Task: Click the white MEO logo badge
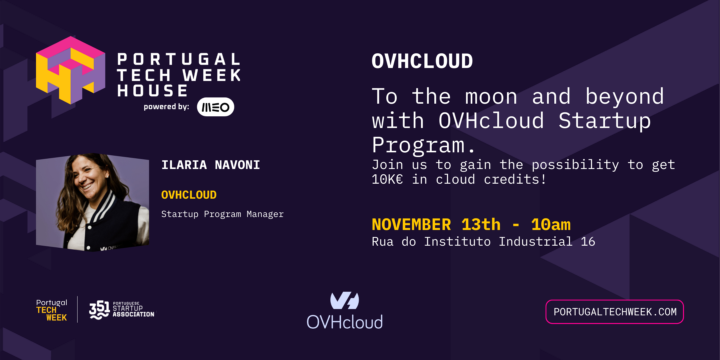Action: coord(215,107)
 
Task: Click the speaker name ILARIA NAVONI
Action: coord(211,165)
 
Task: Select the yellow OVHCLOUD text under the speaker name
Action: coord(189,195)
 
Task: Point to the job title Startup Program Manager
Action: coord(222,214)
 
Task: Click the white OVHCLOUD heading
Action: coord(422,61)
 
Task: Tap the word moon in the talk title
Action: coord(491,97)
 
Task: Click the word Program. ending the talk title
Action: coord(423,145)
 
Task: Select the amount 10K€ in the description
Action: coord(387,180)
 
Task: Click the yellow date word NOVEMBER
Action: coord(411,224)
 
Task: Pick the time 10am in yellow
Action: coord(551,224)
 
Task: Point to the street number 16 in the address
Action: coord(588,242)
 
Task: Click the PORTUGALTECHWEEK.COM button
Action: coord(615,312)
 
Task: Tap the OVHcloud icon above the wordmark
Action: coord(344,300)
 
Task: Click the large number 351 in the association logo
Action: coord(99,309)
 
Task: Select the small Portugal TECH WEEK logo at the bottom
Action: coord(52,310)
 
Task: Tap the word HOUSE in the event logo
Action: coord(152,91)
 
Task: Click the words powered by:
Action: coord(166,107)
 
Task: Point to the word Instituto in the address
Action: coord(457,242)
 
